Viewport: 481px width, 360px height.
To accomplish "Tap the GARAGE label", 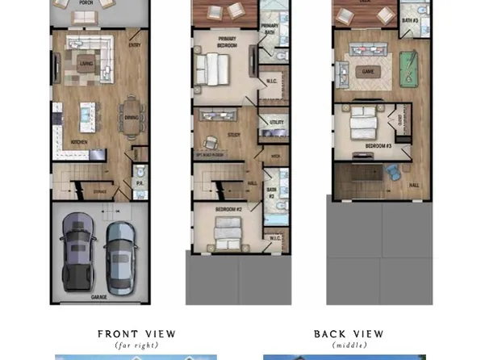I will point(99,298).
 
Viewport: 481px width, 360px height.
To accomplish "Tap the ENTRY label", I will point(135,45).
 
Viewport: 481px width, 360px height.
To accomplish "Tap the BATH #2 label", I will point(272,195).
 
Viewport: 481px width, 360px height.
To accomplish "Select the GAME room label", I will point(369,71).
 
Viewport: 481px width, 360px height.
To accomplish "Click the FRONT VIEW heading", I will point(136,334).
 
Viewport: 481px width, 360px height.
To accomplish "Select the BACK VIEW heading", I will point(349,334).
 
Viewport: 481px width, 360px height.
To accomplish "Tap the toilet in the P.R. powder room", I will point(139,173).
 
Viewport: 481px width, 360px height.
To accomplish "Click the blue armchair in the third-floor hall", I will point(393,172).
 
